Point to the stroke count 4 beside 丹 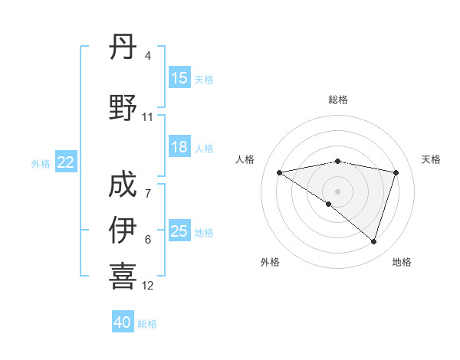147,56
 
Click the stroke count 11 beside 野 147,117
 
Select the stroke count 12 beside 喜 147,286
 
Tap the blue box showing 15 179,78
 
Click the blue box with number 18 179,147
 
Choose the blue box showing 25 179,231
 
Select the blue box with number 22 66,162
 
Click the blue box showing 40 123,322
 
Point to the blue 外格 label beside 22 41,163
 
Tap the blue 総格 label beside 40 147,324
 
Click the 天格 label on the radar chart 431,159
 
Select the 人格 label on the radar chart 245,159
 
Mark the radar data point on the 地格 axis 373,241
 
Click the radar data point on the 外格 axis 329,204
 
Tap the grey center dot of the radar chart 337,190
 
